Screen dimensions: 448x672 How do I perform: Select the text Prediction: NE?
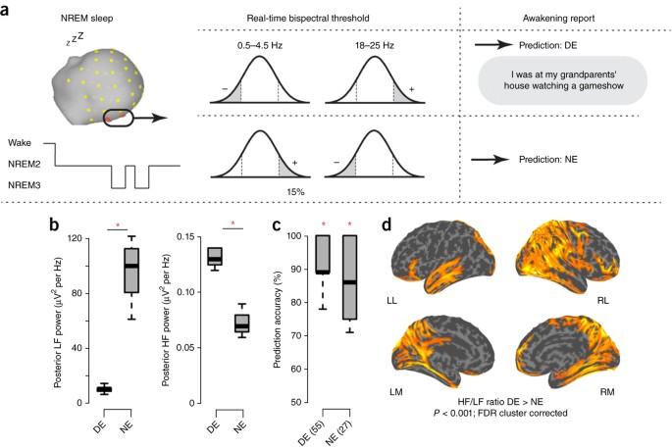coord(549,157)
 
